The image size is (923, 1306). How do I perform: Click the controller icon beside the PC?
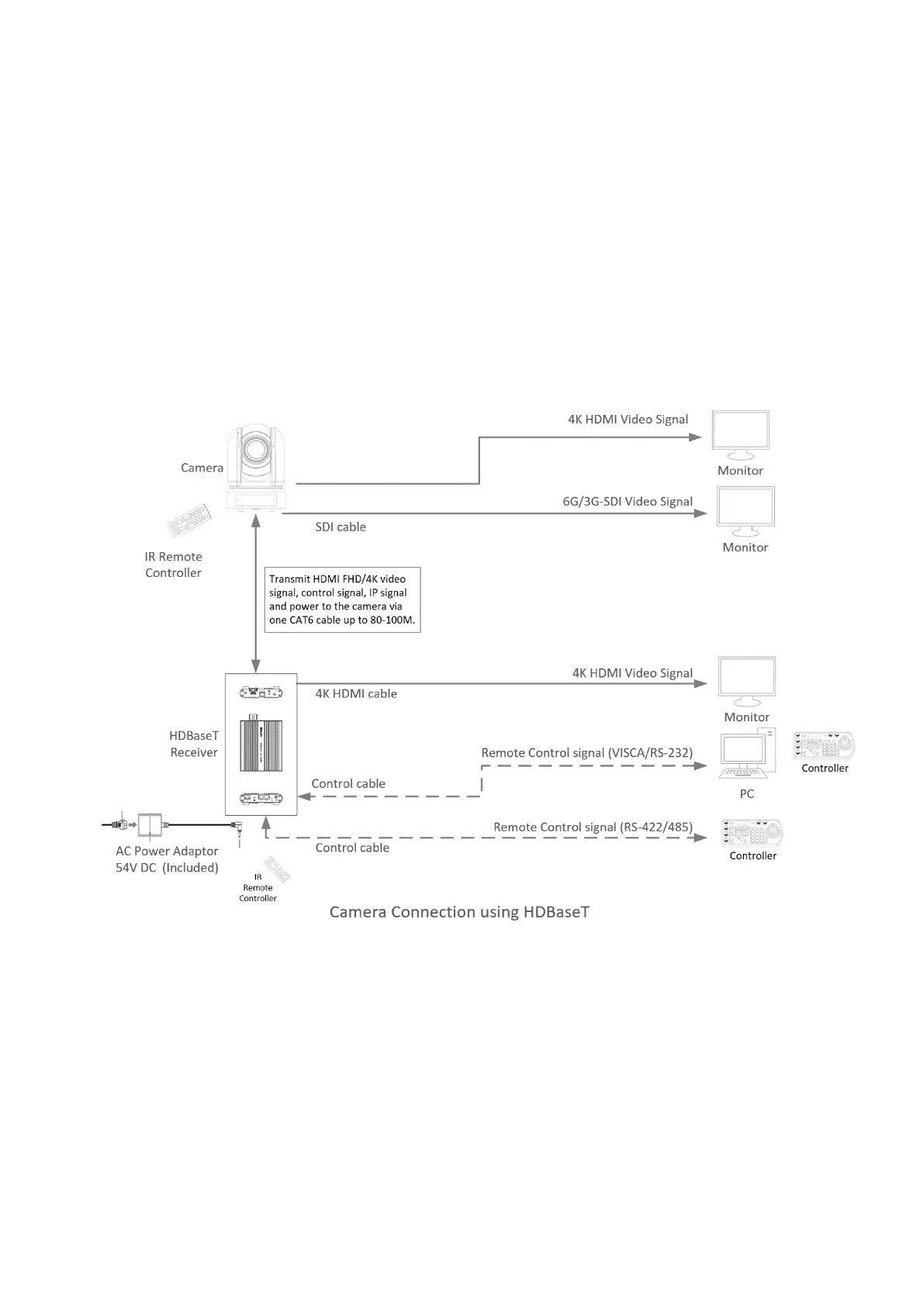coord(824,745)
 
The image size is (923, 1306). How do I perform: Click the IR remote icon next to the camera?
coord(189,521)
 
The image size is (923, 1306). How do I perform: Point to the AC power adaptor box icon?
coord(150,825)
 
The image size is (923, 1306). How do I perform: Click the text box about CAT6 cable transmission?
coord(342,599)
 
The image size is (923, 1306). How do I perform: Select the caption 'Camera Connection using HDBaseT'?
coord(459,911)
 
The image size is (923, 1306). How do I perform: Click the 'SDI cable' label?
coord(341,527)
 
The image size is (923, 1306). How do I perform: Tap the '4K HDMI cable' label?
coord(356,694)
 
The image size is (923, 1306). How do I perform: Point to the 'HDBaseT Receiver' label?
coord(194,744)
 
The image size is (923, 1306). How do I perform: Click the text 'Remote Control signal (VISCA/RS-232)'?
coord(586,753)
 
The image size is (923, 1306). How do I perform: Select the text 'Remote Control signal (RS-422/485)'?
coord(593,827)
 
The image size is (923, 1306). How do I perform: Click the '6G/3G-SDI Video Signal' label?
coord(627,502)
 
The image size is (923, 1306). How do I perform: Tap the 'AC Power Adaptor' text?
coord(167,852)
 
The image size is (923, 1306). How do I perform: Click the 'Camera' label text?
coord(202,468)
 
